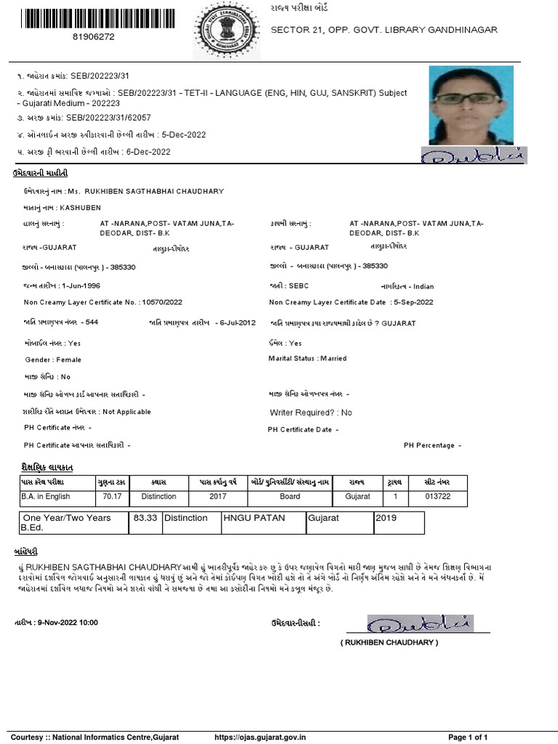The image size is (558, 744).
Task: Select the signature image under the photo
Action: click(x=473, y=155)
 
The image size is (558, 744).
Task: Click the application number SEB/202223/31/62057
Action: click(x=109, y=117)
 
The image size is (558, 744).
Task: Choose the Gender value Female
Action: click(x=69, y=360)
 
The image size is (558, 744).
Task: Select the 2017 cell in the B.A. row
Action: click(x=218, y=496)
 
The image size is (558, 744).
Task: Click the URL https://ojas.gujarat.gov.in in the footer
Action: click(x=261, y=737)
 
